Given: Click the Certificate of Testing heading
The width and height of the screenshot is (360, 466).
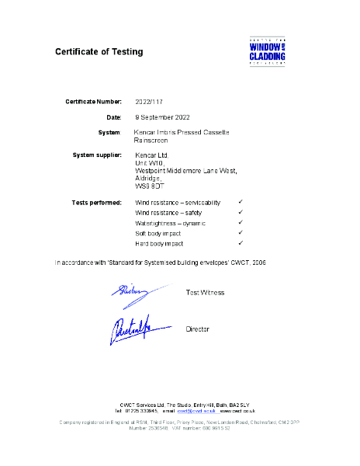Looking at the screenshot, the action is point(99,52).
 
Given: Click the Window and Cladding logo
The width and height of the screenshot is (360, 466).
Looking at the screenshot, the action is point(268,50).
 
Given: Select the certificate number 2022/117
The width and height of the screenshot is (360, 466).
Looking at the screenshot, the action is point(149,102).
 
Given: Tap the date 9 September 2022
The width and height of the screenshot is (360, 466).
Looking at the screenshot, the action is point(162,116).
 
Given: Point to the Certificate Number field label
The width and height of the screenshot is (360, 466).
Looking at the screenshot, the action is point(93,102).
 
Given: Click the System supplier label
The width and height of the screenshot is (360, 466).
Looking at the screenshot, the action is point(97,155).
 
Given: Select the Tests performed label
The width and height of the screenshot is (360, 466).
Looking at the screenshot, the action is point(96,202).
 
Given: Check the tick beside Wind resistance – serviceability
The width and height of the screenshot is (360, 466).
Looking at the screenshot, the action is point(241,202).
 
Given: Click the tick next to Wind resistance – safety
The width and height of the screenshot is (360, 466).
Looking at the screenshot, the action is point(241,212).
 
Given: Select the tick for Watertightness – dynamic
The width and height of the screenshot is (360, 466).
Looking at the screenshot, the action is point(241,222).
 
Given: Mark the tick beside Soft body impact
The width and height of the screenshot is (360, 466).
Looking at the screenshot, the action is point(241,232).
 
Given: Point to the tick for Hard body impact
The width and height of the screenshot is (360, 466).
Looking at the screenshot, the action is point(241,243).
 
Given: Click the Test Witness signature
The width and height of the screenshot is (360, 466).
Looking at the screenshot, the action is point(140,291).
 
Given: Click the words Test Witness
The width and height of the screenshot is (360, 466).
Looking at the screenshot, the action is point(205,293).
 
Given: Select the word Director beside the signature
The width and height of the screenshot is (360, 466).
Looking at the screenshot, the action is point(198,329).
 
